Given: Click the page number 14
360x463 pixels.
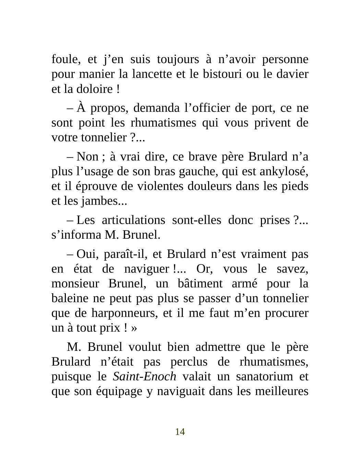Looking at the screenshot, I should point(180,432).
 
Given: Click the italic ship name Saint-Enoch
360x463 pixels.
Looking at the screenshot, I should point(144,377).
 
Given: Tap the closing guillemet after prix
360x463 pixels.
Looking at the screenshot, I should point(134,328).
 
